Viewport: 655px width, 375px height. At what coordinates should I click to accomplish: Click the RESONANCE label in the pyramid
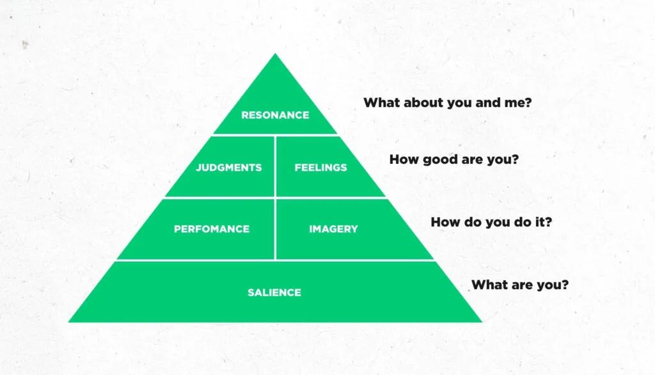(x=275, y=115)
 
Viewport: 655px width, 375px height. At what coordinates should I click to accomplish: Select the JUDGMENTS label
(x=228, y=168)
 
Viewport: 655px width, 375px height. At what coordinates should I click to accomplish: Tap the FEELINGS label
(x=320, y=168)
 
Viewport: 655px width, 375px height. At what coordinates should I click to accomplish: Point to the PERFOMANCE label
(x=212, y=229)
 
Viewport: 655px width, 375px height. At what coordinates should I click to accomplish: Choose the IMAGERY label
(x=333, y=229)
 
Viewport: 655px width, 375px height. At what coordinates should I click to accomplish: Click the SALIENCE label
(x=274, y=292)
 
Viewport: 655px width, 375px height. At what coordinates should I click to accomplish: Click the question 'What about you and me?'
(x=447, y=102)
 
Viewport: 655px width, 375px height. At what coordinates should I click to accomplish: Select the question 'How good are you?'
(x=454, y=160)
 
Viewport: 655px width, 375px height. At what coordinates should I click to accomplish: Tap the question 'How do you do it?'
(x=491, y=222)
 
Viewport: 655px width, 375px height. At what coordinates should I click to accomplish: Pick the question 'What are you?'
(x=520, y=285)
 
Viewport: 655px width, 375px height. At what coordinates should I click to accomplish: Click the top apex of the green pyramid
(x=275, y=53)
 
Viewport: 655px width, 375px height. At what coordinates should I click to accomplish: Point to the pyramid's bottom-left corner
(x=68, y=322)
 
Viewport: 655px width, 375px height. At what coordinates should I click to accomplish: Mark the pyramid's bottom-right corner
(x=482, y=322)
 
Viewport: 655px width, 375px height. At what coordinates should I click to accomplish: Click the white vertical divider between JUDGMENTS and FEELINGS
(x=275, y=166)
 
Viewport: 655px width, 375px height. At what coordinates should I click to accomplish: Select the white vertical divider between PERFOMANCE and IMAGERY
(x=275, y=229)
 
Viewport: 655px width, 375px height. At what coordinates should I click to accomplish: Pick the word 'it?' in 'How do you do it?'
(x=544, y=222)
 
